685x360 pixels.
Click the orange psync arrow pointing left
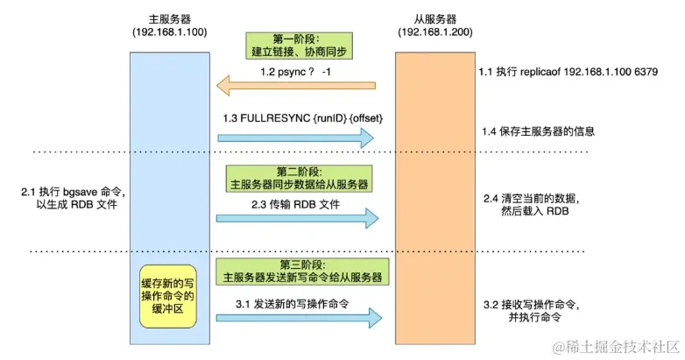point(296,85)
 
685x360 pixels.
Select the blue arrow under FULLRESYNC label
point(296,138)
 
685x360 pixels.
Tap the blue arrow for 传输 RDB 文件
point(298,218)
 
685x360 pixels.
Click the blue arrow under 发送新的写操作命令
point(300,318)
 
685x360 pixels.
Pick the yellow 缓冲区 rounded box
point(168,296)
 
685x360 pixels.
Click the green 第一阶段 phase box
point(299,46)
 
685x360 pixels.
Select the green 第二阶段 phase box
point(299,179)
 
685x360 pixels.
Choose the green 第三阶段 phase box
point(302,272)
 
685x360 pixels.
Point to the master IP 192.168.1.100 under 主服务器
point(170,32)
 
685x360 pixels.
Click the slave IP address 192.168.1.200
point(435,32)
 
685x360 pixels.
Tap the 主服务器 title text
point(170,19)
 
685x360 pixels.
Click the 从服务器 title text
point(435,19)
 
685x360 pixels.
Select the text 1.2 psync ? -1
point(296,72)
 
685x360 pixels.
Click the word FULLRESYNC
point(275,118)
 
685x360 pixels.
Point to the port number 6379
point(646,72)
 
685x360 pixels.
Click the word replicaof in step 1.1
point(540,72)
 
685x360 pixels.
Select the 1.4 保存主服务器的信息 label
point(538,131)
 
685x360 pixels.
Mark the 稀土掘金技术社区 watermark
point(616,347)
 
